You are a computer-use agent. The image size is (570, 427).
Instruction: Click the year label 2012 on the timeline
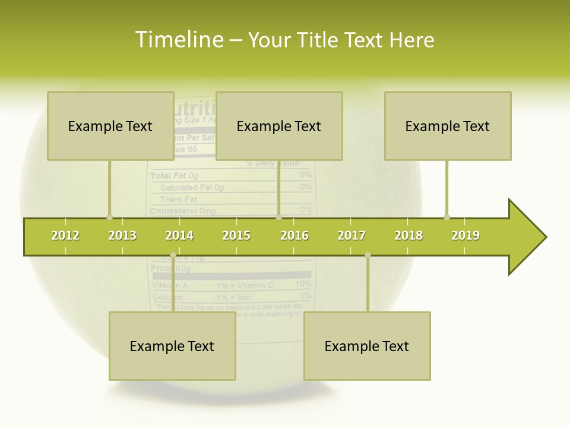click(x=65, y=235)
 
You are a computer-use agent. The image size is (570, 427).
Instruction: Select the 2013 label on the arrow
click(x=122, y=235)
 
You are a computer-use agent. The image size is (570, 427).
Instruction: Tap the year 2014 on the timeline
click(x=179, y=235)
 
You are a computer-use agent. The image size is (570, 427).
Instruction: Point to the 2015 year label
click(x=236, y=235)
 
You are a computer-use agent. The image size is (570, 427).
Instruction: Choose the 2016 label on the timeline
click(x=294, y=235)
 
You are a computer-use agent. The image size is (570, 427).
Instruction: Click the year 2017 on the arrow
click(x=351, y=235)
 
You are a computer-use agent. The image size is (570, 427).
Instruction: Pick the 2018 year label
click(x=408, y=235)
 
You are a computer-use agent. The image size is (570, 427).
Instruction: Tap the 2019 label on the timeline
click(x=465, y=235)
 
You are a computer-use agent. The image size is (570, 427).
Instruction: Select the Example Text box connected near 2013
click(x=110, y=126)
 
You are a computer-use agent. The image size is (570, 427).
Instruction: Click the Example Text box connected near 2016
click(x=279, y=126)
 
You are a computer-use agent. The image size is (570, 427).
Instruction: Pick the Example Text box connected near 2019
click(x=448, y=126)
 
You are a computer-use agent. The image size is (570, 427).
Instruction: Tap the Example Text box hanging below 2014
click(x=172, y=346)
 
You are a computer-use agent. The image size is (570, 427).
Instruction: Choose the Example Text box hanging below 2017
click(x=367, y=346)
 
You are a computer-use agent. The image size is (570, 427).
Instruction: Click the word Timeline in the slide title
click(x=179, y=40)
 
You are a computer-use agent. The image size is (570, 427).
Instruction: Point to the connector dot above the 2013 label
click(x=109, y=217)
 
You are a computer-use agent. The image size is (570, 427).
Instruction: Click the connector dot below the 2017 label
click(x=368, y=255)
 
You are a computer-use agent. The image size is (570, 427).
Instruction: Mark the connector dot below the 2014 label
click(x=173, y=255)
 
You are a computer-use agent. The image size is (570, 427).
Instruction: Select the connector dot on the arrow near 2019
click(x=446, y=217)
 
